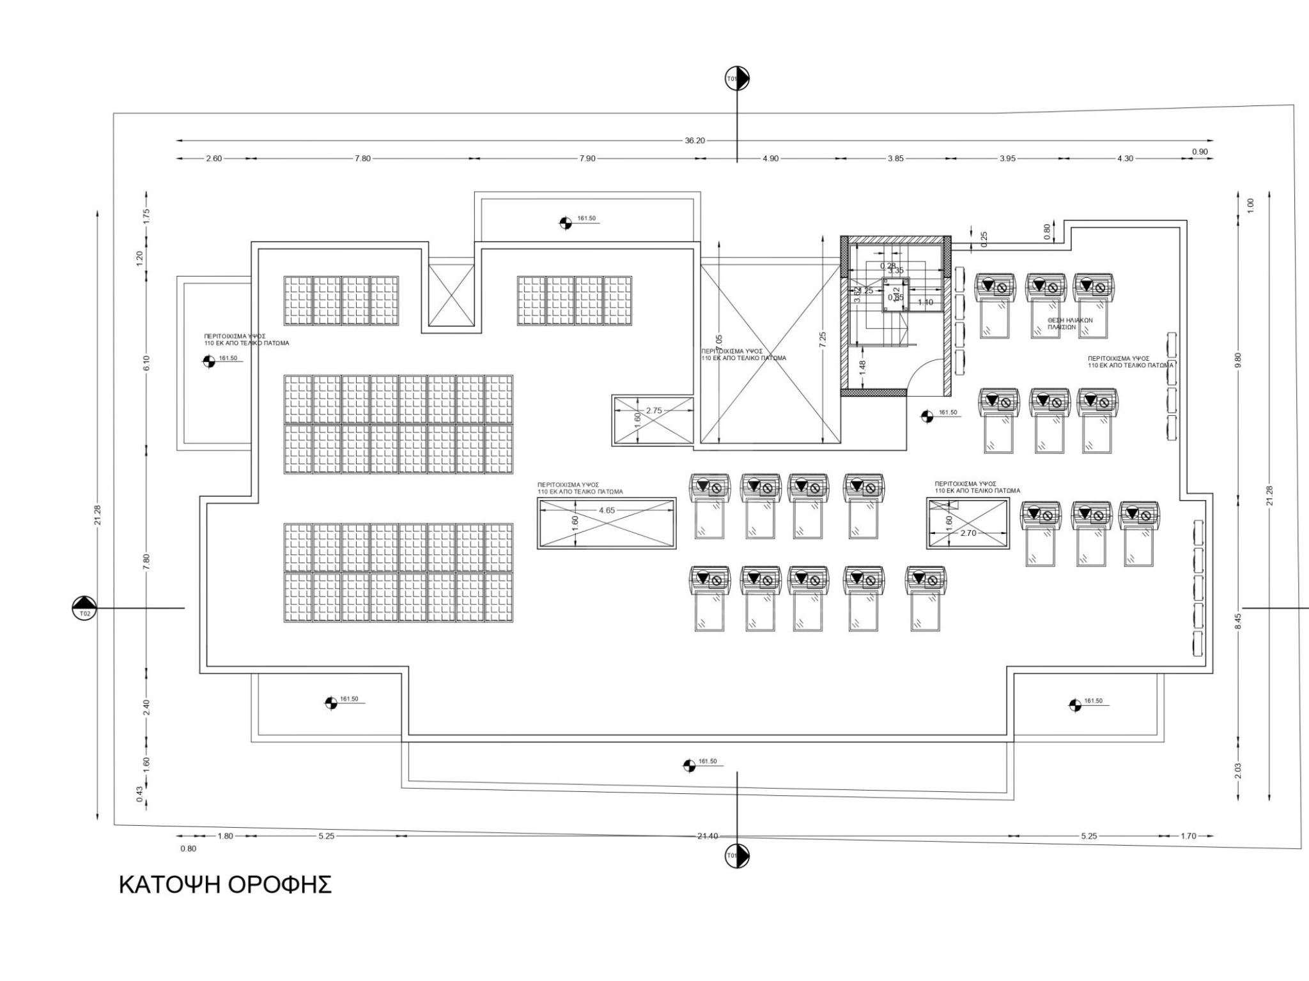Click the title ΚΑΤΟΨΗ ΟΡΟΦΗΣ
[x=225, y=885]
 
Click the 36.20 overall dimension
[x=694, y=141]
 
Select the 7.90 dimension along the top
[x=587, y=158]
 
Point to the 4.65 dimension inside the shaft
[x=607, y=510]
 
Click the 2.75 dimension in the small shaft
[x=654, y=411]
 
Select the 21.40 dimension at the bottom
[x=708, y=836]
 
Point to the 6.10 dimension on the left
[x=146, y=363]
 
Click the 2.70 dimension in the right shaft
[x=968, y=533]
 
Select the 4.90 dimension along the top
[x=770, y=158]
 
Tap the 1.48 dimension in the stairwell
[x=862, y=367]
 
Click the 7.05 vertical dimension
[x=718, y=342]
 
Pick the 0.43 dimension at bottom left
[x=139, y=793]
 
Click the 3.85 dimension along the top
[x=895, y=158]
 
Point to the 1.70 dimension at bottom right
[x=1188, y=836]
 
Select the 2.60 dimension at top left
[x=213, y=158]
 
